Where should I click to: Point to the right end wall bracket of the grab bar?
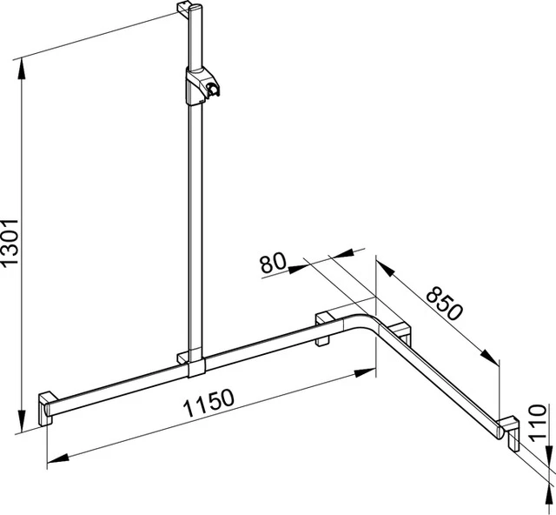(512, 433)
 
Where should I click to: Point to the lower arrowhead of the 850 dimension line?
(495, 358)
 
